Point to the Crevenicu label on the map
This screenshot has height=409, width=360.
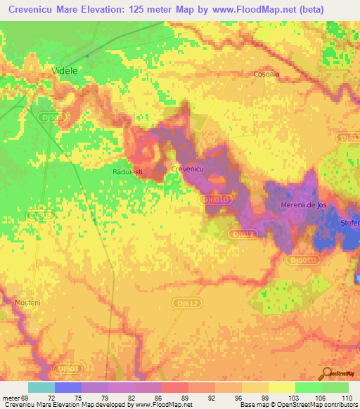[x=188, y=169]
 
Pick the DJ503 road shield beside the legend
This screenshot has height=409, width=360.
[x=67, y=368]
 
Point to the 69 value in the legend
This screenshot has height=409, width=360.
[x=27, y=398]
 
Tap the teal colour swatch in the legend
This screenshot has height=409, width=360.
[x=41, y=387]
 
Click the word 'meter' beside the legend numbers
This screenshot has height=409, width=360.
[x=11, y=398]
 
